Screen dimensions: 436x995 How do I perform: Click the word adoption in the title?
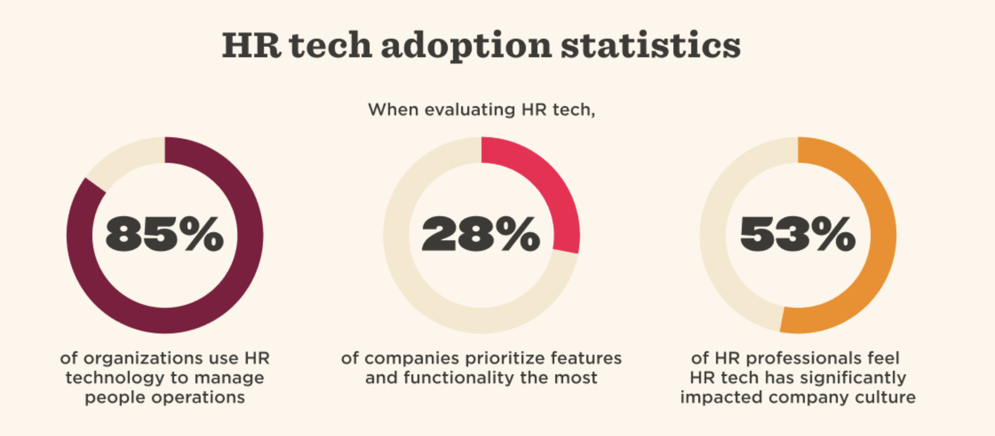(466, 46)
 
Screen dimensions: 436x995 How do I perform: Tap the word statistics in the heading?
(651, 46)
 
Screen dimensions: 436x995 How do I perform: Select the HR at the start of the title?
(251, 46)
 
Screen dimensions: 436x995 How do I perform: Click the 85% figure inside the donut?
(164, 234)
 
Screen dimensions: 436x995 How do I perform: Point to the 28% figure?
(481, 234)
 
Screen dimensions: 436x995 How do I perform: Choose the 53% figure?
(798, 234)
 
